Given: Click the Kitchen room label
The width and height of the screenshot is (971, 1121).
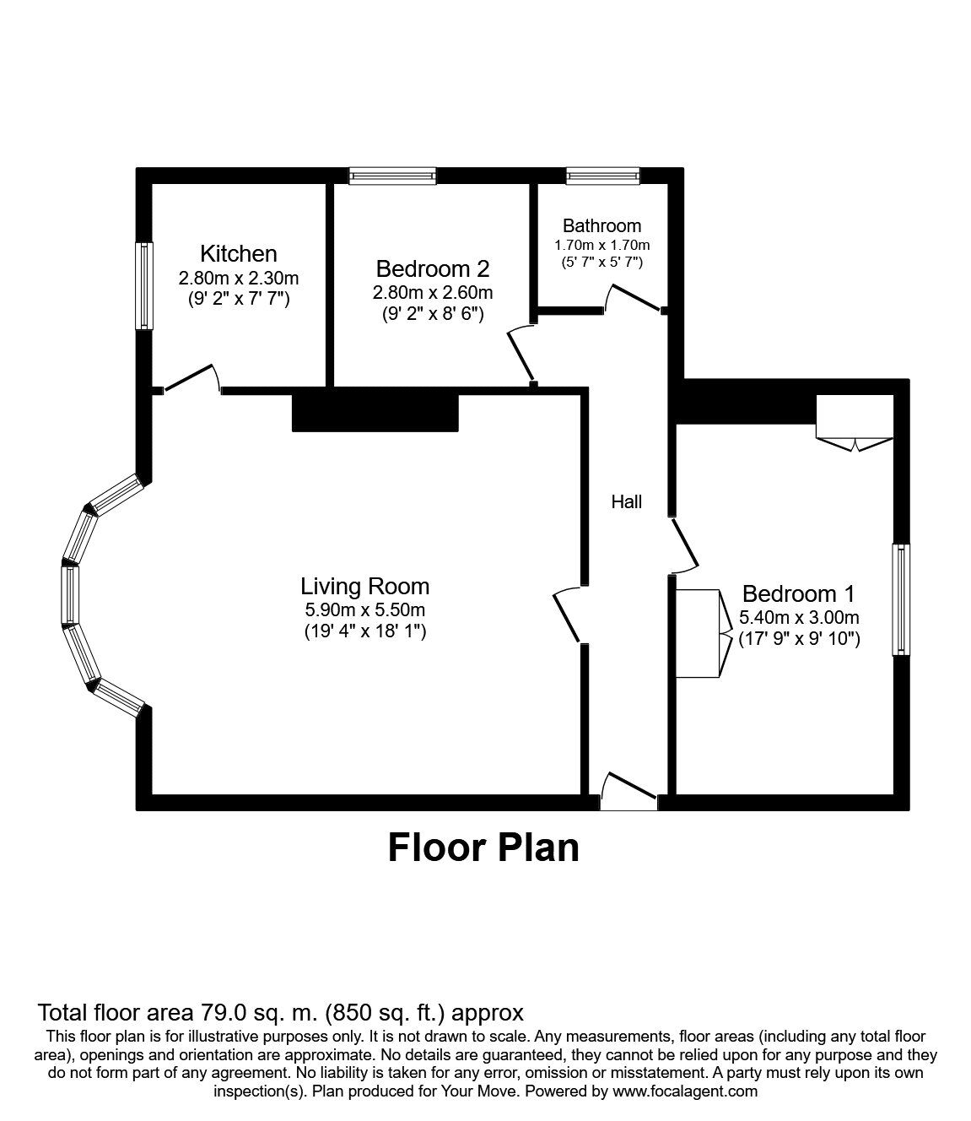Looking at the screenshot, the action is coord(238,253).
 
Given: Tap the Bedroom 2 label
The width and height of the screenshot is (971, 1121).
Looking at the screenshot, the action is coord(433,268).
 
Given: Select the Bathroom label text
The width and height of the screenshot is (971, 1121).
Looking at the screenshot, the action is coord(601,225).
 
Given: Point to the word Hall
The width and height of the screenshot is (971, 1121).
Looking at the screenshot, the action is coord(626,501).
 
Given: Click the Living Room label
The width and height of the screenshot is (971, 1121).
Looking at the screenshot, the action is coord(365,587).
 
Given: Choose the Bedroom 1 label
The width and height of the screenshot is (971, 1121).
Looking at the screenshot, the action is coord(799,594).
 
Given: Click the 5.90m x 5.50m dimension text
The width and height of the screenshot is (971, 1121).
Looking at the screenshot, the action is coord(365,610).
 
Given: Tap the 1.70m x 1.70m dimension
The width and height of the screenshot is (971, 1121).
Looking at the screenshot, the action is coord(601,245).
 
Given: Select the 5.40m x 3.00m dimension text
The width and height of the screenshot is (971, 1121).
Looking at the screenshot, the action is coord(799,618).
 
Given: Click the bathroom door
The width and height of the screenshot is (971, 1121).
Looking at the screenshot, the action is coord(635,298).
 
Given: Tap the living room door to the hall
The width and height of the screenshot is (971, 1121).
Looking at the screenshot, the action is coord(567,614).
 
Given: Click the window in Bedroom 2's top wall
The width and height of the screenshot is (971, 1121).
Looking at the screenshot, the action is coord(392,176).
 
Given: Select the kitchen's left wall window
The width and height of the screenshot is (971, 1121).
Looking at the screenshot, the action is coord(143,286).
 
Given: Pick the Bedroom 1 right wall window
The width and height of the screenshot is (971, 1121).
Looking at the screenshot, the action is coord(901,598).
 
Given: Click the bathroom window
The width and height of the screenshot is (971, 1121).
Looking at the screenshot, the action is coord(603,176).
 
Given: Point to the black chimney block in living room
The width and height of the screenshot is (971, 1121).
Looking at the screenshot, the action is coord(375,412).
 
